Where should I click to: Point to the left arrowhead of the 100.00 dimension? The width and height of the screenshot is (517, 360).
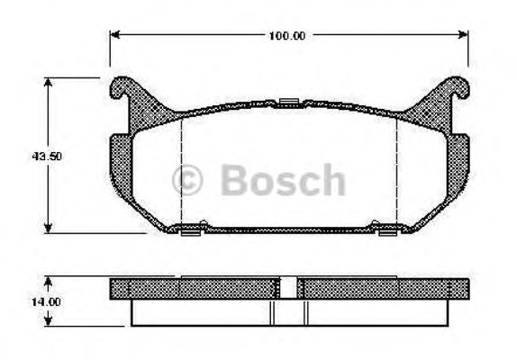pyautogui.click(x=114, y=36)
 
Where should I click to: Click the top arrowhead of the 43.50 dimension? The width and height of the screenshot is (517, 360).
pyautogui.click(x=48, y=81)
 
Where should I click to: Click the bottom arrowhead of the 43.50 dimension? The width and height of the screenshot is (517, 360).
pyautogui.click(x=48, y=229)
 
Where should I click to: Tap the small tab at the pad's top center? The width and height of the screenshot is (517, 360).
pyautogui.click(x=288, y=102)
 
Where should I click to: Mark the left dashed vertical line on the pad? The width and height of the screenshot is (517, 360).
pyautogui.click(x=183, y=171)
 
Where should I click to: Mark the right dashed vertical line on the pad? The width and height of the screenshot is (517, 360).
pyautogui.click(x=397, y=171)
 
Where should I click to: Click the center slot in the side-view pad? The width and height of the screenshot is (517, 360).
pyautogui.click(x=288, y=289)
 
